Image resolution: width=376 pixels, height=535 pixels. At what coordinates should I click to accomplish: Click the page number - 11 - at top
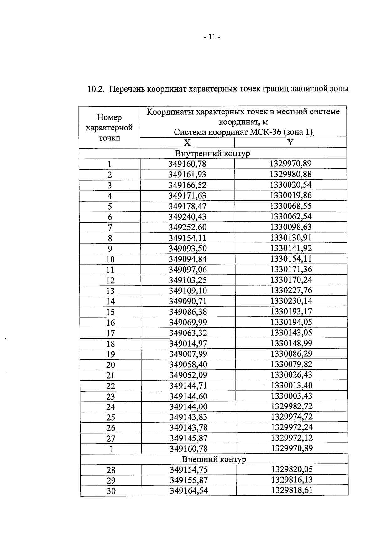click(x=212, y=37)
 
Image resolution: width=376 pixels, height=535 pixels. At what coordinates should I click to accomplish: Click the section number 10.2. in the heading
click(x=95, y=89)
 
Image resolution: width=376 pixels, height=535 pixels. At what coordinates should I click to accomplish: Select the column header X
click(x=187, y=143)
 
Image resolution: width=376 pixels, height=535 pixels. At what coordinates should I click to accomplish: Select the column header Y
click(x=290, y=143)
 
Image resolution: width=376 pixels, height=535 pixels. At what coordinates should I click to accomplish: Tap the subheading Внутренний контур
click(x=212, y=153)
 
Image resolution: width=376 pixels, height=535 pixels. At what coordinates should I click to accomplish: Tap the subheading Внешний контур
click(x=214, y=459)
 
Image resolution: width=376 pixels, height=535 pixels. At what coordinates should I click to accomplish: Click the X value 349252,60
click(x=188, y=227)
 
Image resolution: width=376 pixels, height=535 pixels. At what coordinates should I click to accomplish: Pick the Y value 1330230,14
click(x=291, y=301)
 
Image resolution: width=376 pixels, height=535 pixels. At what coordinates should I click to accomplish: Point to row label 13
click(x=110, y=291)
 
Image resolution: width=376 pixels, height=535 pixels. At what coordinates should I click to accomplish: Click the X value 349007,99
click(x=188, y=354)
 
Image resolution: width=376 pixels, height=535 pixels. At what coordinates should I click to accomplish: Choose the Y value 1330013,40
click(x=292, y=385)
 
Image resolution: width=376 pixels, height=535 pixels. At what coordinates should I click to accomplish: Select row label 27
click(x=111, y=438)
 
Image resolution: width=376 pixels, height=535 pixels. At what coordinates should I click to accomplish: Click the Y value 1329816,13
click(x=292, y=480)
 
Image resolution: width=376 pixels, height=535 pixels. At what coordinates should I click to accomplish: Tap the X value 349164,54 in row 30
click(x=189, y=491)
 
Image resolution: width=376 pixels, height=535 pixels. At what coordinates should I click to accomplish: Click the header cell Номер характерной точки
click(x=109, y=128)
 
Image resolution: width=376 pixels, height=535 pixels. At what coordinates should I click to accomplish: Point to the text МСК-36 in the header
click(x=266, y=132)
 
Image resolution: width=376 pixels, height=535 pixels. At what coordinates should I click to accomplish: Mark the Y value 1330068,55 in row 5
click(x=291, y=206)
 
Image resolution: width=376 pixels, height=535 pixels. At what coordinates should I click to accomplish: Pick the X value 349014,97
click(x=188, y=344)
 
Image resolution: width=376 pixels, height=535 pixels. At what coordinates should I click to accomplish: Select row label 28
click(x=111, y=470)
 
